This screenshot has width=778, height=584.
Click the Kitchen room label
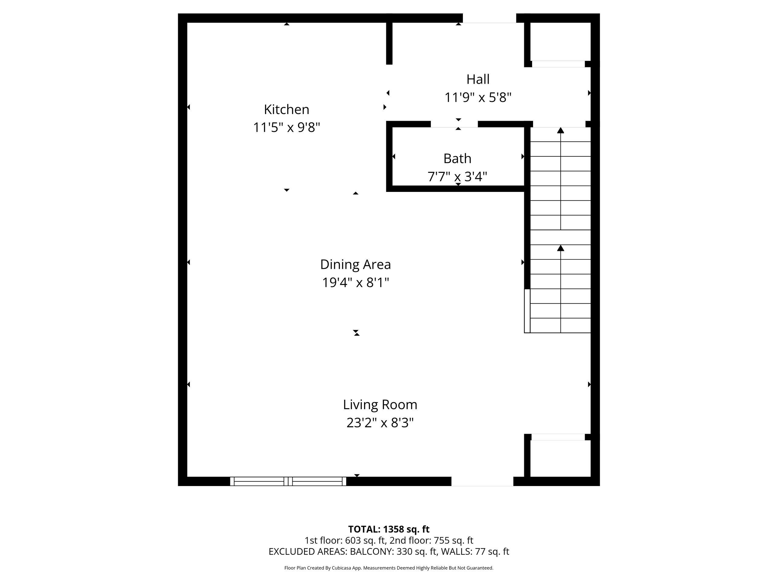(286, 109)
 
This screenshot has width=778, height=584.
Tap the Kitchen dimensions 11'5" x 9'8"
(286, 127)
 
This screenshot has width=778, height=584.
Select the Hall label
(478, 80)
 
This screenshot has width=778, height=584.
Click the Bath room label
(457, 159)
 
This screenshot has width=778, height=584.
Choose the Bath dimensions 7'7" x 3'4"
(457, 176)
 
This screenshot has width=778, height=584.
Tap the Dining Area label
(355, 264)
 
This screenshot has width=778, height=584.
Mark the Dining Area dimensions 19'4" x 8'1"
(355, 282)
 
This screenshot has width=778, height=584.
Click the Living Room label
(380, 405)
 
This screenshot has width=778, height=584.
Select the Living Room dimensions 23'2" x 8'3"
(380, 422)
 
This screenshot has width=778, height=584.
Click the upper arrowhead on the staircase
(561, 130)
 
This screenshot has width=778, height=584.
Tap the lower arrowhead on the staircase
(561, 248)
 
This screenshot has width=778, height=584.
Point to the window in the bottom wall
(288, 481)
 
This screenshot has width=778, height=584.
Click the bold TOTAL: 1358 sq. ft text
(389, 529)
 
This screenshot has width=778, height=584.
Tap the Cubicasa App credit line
(389, 568)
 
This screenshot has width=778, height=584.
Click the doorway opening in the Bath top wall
(454, 124)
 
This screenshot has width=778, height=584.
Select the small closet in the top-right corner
(560, 42)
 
